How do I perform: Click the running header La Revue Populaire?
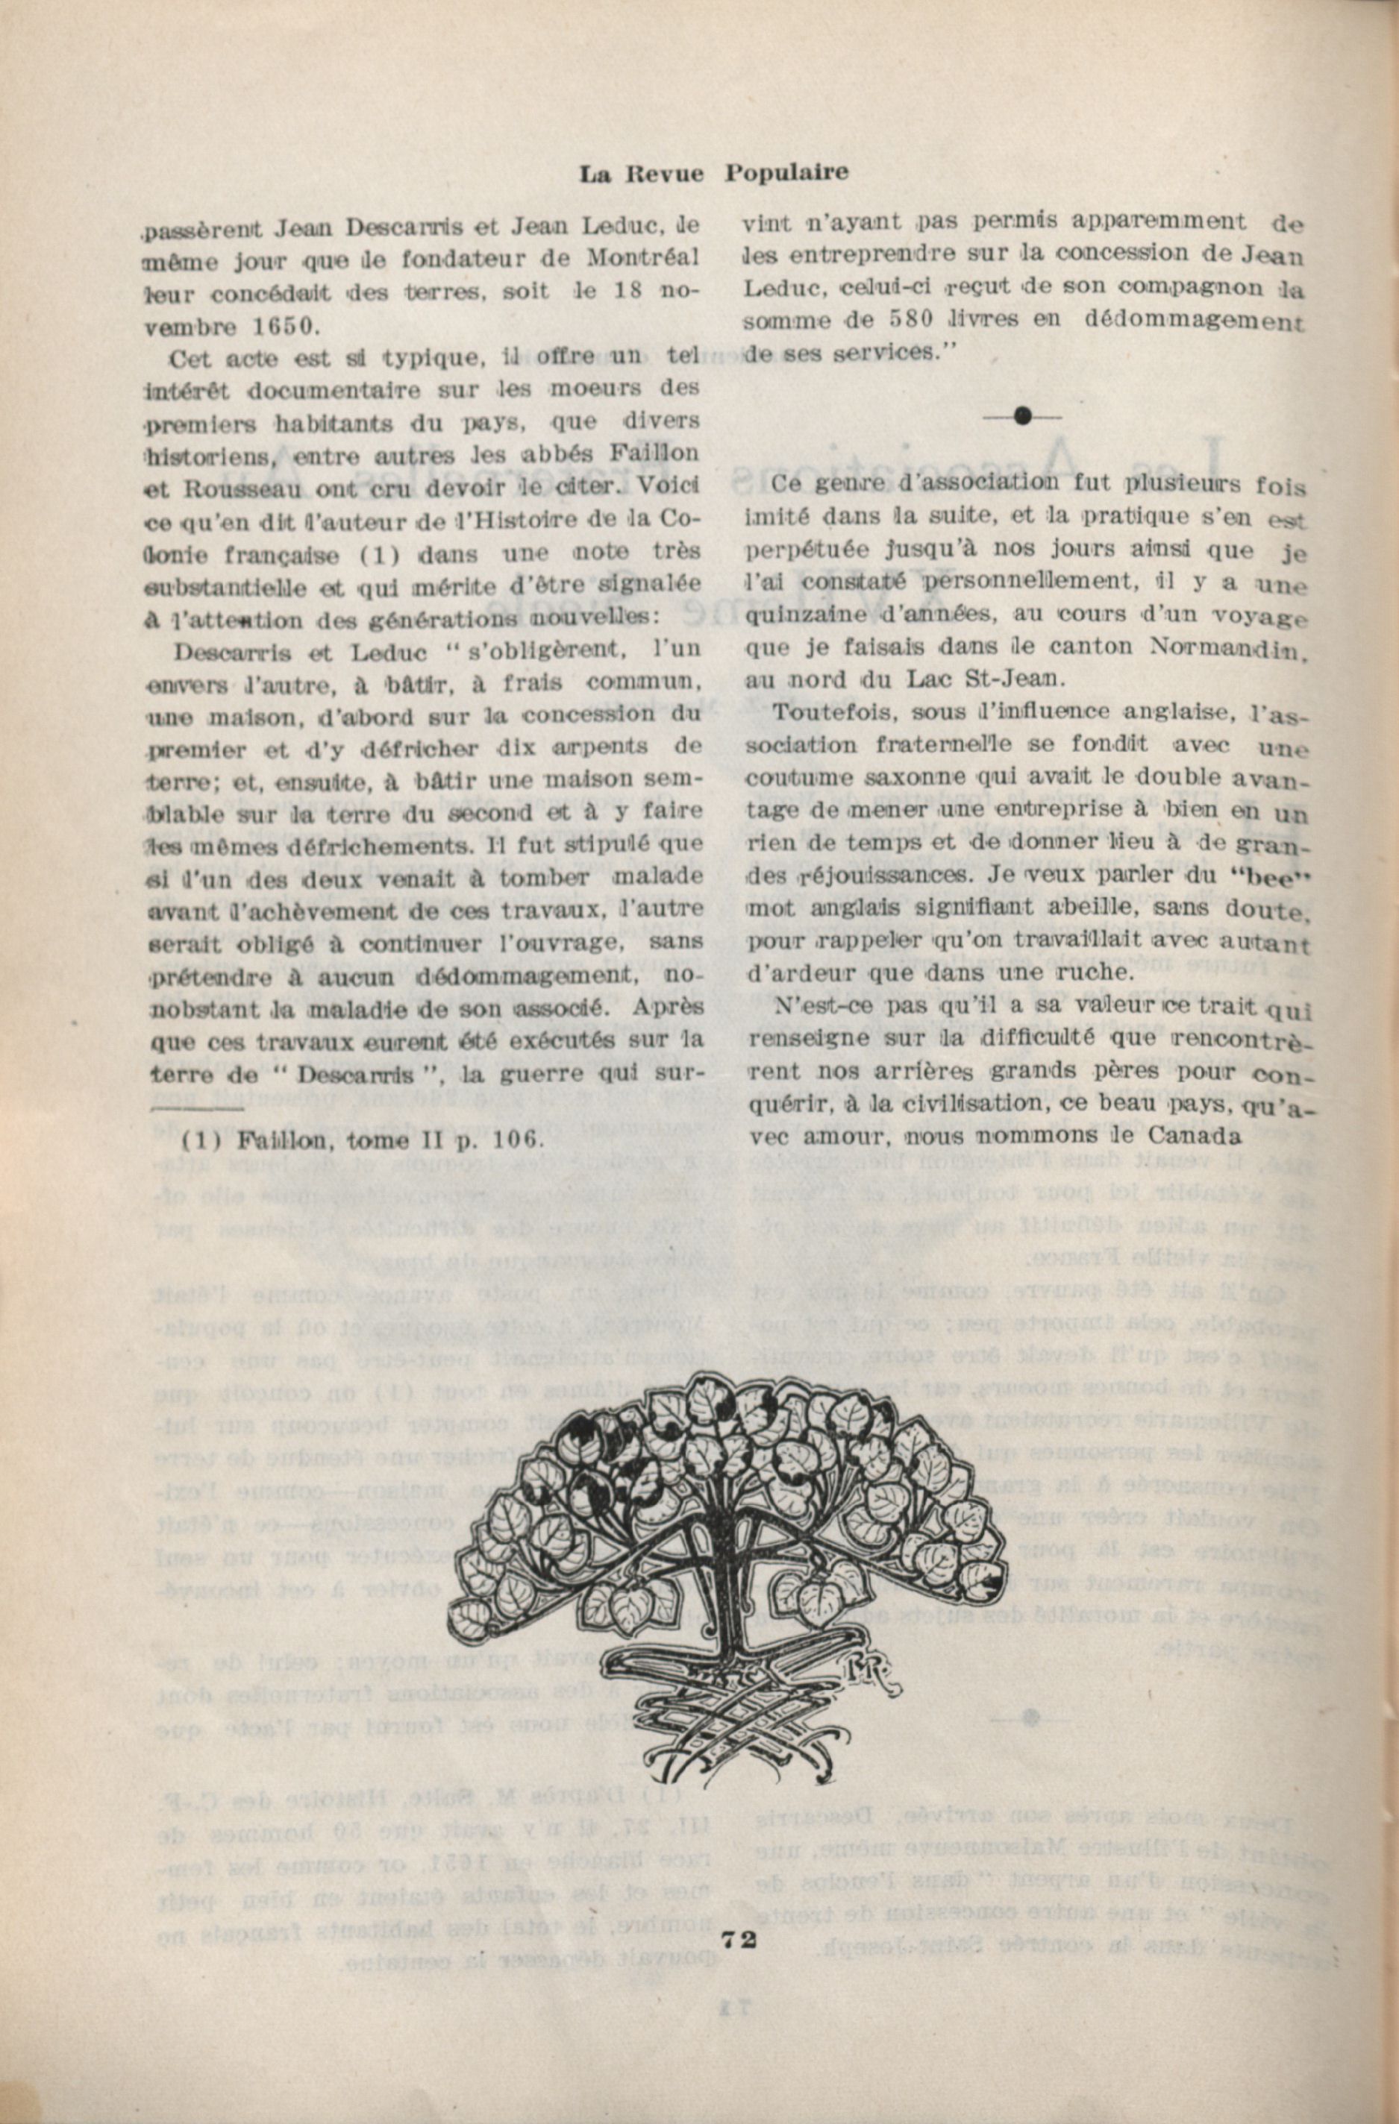[713, 173]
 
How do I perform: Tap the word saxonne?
[902, 778]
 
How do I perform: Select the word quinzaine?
[795, 617]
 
